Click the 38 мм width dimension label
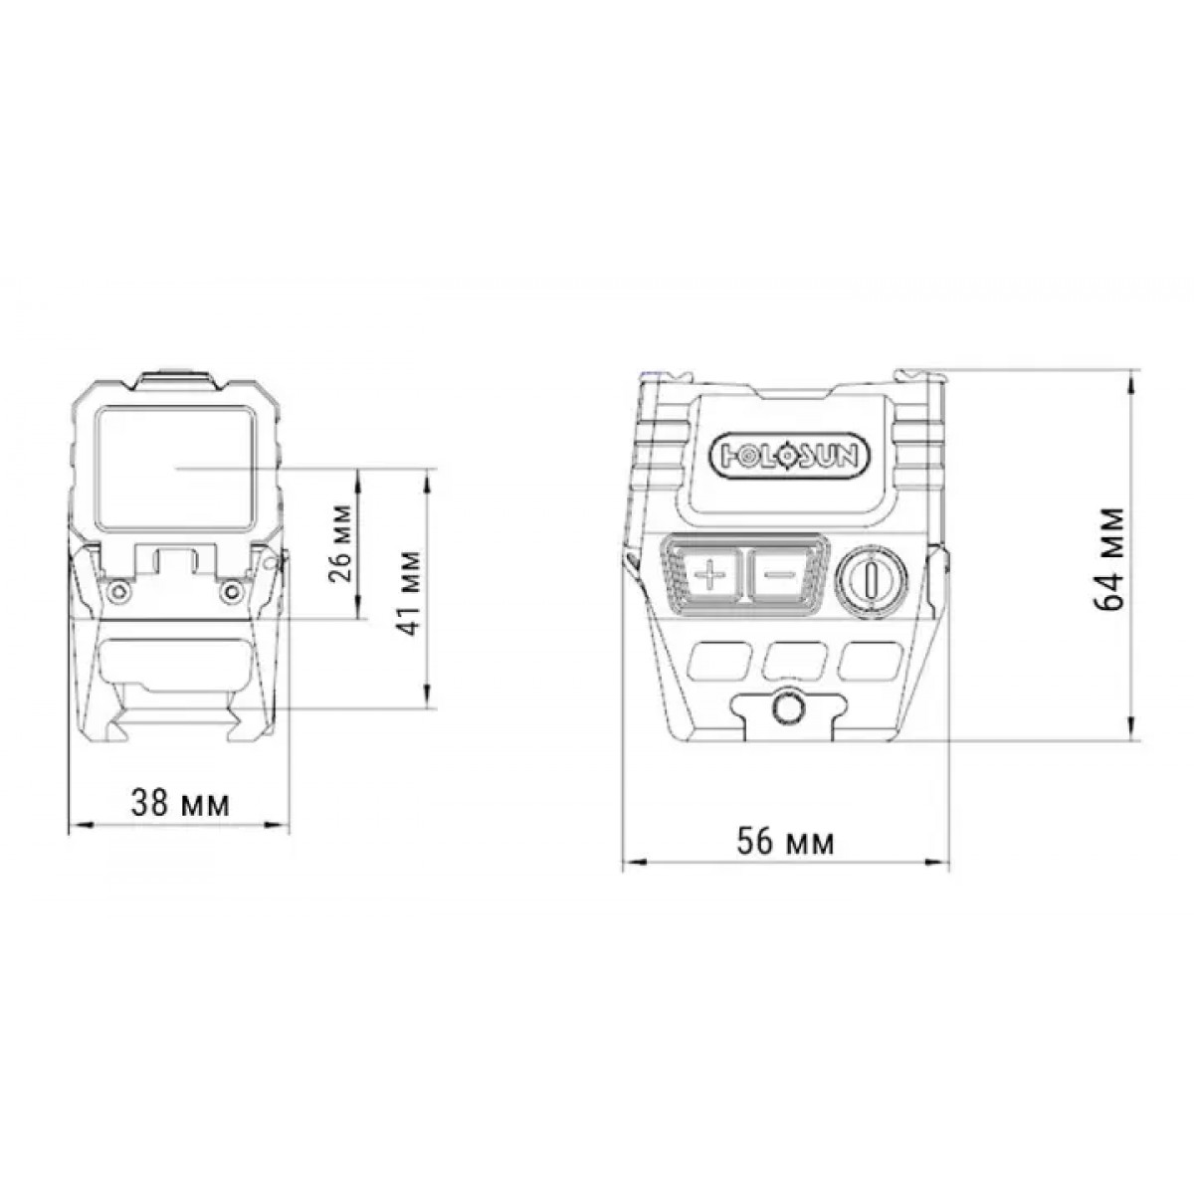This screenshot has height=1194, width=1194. (180, 803)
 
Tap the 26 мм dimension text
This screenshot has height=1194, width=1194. (341, 543)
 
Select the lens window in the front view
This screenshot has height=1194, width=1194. (176, 469)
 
